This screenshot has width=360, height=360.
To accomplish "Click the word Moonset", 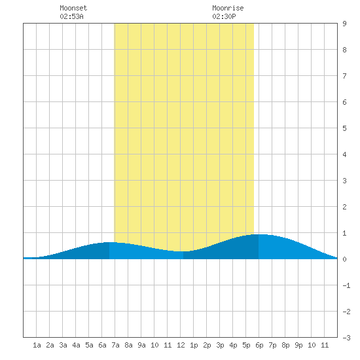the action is [x=73, y=8].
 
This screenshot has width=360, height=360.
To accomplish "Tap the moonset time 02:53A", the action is [x=71, y=16].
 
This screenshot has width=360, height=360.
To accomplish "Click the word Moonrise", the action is [x=228, y=8].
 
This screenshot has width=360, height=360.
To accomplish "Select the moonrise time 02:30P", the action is [x=224, y=16].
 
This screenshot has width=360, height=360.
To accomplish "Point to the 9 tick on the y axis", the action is [x=344, y=24].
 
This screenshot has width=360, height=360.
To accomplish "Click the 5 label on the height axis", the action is [x=344, y=128].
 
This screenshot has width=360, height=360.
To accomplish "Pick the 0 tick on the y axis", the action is [x=344, y=259].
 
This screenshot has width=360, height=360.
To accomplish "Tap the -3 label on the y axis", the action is [x=346, y=338].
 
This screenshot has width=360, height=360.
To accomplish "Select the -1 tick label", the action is [x=346, y=285].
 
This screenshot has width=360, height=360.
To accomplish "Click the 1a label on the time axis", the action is [x=37, y=345].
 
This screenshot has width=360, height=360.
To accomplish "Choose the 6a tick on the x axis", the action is [x=102, y=345].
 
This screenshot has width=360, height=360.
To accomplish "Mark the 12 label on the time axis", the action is [x=181, y=345].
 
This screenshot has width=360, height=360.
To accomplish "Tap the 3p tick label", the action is [x=220, y=345].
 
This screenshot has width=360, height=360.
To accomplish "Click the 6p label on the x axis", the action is [x=259, y=345].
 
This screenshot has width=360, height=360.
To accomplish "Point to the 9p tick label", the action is [x=298, y=345].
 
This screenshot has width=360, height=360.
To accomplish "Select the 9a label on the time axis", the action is [x=141, y=345].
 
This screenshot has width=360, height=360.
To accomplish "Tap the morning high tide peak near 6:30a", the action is [x=109, y=242].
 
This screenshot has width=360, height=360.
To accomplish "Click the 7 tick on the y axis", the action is [x=344, y=76].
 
